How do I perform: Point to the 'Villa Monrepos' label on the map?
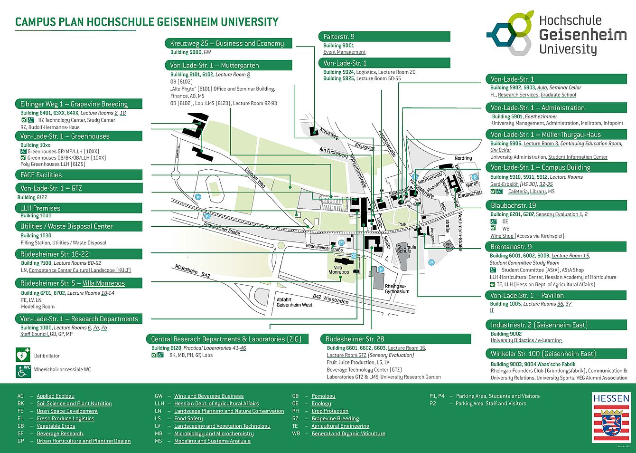338,270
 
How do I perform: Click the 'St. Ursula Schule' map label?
406,249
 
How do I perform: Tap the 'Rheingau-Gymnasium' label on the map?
397,289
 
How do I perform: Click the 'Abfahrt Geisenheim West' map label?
294,302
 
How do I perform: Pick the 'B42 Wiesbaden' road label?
330,299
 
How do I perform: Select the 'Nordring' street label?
463,158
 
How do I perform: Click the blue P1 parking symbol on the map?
341,243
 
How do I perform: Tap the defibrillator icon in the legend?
22,355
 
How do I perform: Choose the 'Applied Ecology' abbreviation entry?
56,396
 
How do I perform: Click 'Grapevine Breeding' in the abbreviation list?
335,418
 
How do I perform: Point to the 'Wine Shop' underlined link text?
502,236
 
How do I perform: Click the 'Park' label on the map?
402,224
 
